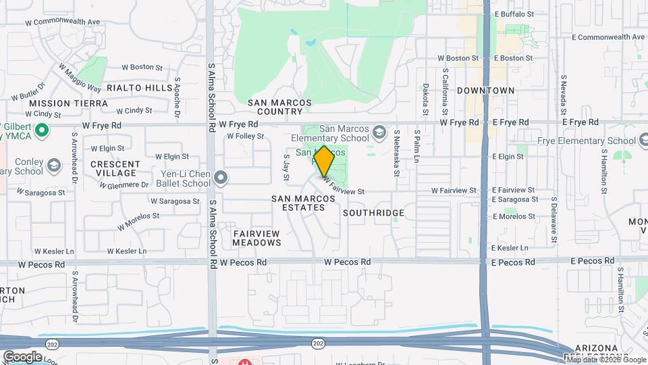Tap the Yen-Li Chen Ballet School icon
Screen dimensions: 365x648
click(221, 178)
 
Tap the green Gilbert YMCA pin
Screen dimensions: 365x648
click(42, 130)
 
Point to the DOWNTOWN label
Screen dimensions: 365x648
click(485, 90)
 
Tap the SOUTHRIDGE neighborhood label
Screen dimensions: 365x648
click(373, 213)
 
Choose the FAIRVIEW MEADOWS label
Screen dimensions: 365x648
click(256, 237)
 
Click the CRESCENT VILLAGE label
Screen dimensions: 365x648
click(115, 168)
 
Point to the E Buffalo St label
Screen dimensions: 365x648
click(514, 14)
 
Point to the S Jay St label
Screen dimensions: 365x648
click(286, 168)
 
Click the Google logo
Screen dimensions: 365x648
click(22, 356)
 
